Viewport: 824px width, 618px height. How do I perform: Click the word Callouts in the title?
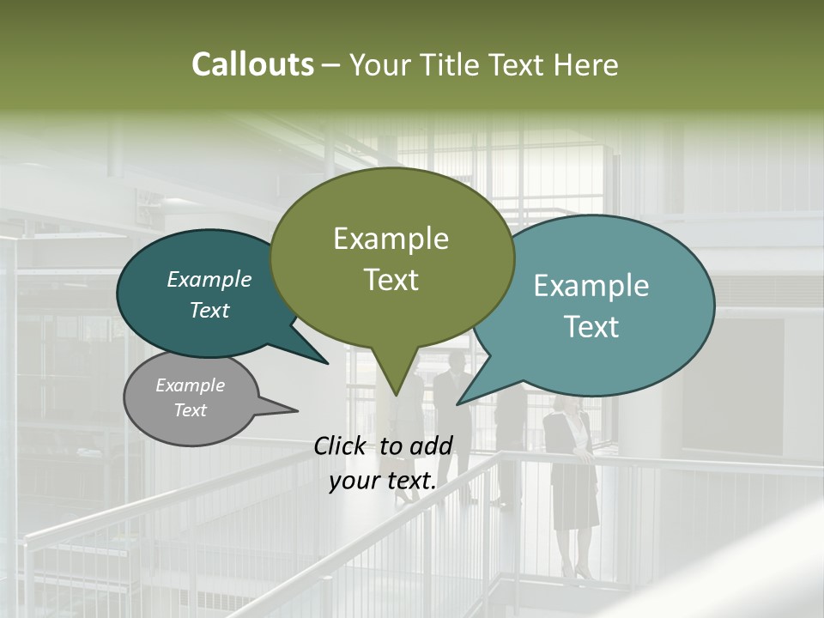click(252, 64)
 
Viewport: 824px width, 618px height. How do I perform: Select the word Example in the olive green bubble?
click(391, 239)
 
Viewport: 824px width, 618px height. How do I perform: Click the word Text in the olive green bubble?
click(391, 279)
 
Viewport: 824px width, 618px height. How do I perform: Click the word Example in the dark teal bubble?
click(209, 279)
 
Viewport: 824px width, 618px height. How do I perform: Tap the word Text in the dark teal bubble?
click(209, 310)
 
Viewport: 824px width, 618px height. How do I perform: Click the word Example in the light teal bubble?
click(591, 286)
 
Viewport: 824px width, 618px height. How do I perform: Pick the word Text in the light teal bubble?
click(591, 326)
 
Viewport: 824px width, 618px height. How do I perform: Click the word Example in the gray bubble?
click(191, 385)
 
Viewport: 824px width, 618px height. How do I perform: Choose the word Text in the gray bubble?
click(191, 410)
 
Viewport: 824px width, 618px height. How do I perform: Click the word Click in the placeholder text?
click(342, 445)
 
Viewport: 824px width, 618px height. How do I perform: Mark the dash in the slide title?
click(331, 65)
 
